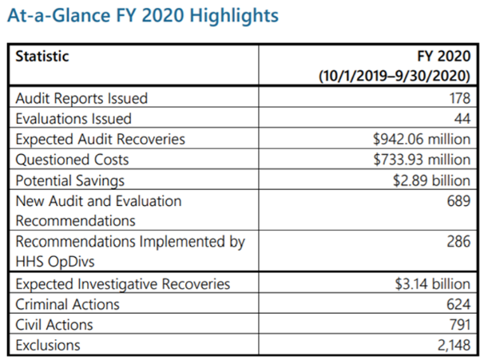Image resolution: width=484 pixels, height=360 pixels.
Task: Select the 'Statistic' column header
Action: click(x=42, y=57)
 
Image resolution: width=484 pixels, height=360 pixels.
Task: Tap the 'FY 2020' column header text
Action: click(x=444, y=57)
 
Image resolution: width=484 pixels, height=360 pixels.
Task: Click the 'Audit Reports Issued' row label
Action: click(x=81, y=98)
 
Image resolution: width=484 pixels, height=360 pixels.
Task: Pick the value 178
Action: click(x=459, y=98)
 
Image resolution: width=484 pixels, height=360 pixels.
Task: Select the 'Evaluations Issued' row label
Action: click(x=73, y=119)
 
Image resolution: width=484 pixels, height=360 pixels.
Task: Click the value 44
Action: click(x=462, y=119)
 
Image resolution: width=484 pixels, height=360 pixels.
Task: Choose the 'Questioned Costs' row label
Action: click(x=72, y=160)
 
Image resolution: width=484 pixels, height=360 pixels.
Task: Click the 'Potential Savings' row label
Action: click(x=70, y=180)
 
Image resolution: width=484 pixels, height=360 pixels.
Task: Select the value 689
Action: click(x=458, y=201)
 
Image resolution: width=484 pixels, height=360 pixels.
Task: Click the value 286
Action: click(x=458, y=242)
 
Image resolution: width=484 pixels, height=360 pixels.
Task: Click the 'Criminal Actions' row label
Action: click(x=68, y=304)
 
